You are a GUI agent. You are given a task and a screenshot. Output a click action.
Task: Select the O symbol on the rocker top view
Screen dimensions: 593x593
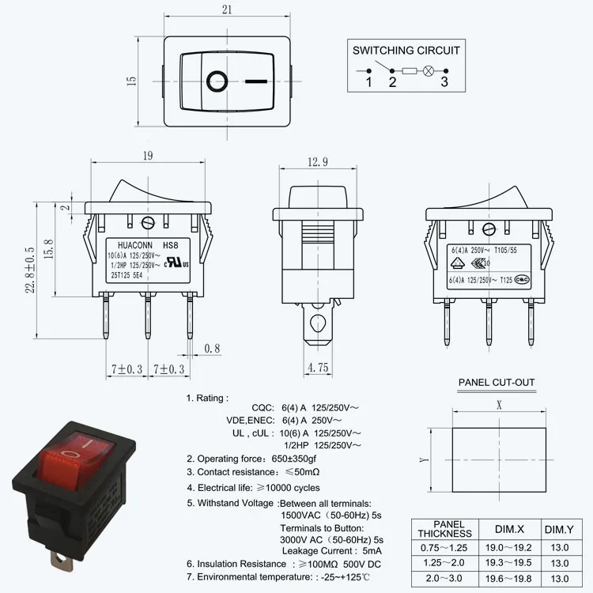217,80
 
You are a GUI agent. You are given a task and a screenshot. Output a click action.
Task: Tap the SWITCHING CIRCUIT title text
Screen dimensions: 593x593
406,50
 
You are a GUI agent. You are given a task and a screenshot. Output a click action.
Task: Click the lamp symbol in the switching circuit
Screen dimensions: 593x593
429,71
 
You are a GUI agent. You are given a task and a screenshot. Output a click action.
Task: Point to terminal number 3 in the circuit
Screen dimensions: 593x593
444,81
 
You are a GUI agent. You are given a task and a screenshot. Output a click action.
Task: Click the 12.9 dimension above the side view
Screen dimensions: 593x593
317,162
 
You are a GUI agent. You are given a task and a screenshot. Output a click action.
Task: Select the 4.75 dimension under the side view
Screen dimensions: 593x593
318,367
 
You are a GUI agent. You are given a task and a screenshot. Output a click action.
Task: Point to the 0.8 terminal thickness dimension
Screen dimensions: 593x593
212,349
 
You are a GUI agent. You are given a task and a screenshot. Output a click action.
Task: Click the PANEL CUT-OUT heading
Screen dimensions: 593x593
497,383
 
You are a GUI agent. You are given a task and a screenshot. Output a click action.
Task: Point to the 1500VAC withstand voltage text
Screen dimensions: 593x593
300,515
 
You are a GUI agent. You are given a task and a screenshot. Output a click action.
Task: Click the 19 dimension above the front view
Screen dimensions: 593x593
148,156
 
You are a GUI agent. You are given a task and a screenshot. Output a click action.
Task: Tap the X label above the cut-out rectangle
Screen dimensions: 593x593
499,402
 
